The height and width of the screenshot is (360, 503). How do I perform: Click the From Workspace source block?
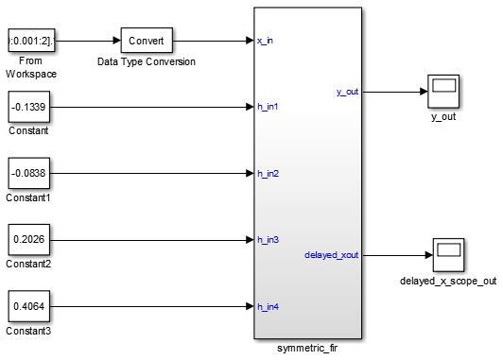click(x=31, y=42)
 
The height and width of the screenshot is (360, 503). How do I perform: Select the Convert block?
click(x=146, y=42)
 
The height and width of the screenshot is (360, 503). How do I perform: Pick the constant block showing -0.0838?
click(x=31, y=174)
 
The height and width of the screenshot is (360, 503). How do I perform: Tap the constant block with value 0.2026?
click(x=31, y=240)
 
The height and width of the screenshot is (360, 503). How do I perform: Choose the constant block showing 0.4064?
click(x=31, y=306)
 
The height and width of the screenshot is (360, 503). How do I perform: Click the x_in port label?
click(x=267, y=42)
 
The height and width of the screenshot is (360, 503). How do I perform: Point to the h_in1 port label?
click(x=269, y=107)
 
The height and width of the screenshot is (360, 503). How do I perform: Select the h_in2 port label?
click(x=269, y=174)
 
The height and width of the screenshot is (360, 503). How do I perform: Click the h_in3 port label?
click(x=269, y=240)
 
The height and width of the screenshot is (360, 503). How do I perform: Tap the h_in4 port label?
click(x=269, y=306)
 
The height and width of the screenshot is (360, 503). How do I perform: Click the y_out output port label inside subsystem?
click(x=346, y=92)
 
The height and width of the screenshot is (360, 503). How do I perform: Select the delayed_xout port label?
click(x=332, y=255)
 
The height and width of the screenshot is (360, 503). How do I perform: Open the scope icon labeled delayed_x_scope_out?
click(x=448, y=255)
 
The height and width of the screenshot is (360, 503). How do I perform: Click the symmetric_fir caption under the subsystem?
click(x=307, y=349)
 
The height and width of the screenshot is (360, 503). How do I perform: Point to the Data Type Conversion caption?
click(x=146, y=61)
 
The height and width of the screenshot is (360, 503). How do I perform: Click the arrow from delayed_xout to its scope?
click(x=397, y=255)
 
